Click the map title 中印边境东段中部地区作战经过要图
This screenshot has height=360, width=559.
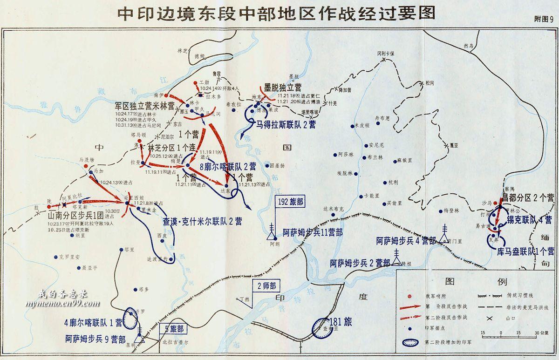276,13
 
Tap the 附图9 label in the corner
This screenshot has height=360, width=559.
543,20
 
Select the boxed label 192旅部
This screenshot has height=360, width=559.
290,202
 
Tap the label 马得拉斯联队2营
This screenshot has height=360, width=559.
286,124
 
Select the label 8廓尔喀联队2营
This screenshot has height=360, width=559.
227,166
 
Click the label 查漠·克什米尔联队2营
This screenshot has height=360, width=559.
202,221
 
